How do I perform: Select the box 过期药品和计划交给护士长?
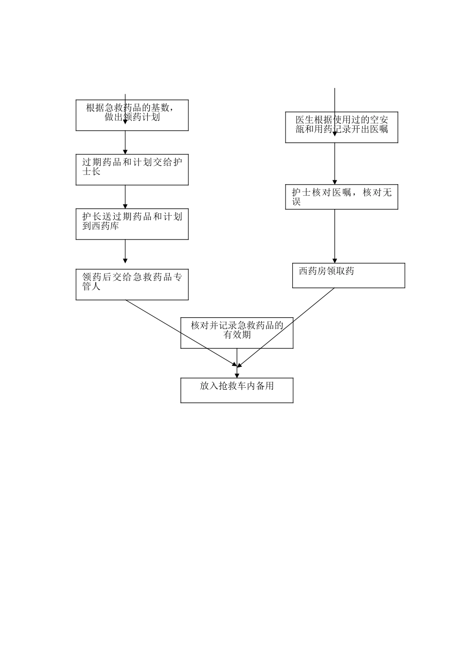pos(132,170)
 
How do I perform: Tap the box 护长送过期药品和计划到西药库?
pos(132,224)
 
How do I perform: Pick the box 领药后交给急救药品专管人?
pos(132,284)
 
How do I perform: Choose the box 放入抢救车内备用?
pos(237,390)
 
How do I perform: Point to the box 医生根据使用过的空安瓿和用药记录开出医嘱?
pos(341,127)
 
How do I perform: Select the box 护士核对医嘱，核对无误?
pos(341,196)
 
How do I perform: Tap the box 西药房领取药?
pos(348,275)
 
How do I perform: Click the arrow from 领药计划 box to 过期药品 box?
pos(125,142)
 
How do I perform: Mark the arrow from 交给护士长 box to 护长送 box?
pos(125,197)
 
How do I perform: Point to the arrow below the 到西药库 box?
pos(125,251)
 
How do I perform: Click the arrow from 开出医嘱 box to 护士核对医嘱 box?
pos(335,163)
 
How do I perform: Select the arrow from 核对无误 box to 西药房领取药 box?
pos(335,236)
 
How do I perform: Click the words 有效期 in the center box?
pos(237,335)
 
